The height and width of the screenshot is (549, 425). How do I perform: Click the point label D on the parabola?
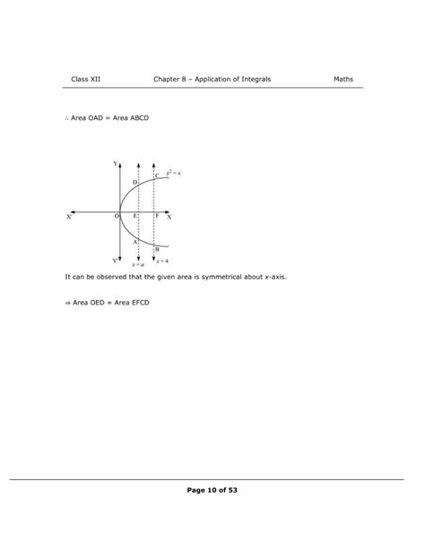click(134, 183)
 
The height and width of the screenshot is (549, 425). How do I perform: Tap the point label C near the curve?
click(157, 176)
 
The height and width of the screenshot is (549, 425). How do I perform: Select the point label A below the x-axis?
click(134, 242)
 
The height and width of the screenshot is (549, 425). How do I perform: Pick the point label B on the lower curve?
click(156, 249)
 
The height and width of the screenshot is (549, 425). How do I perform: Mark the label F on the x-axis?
click(156, 217)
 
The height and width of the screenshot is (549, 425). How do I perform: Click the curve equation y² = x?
click(174, 172)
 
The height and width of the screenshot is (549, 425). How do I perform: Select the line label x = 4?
click(160, 262)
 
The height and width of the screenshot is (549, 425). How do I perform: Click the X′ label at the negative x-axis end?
click(70, 218)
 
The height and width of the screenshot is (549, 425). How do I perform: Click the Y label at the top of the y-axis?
click(115, 164)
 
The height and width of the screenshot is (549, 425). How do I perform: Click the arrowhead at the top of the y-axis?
click(120, 164)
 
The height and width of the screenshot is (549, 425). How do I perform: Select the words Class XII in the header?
click(86, 80)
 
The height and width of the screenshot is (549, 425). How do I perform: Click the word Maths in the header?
click(343, 80)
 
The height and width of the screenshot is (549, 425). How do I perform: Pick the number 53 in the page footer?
click(231, 490)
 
